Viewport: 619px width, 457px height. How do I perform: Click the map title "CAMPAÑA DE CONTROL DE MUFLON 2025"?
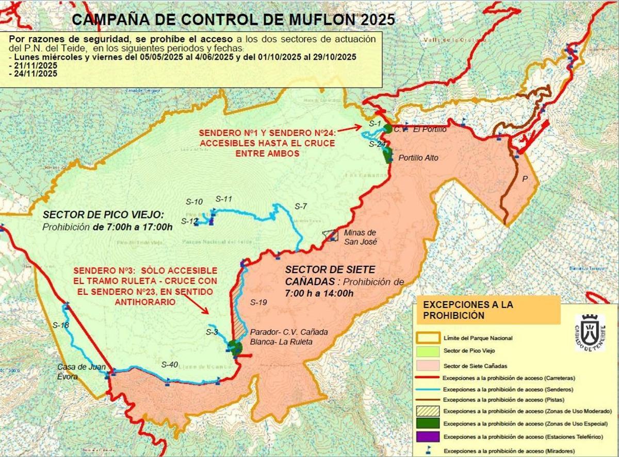point(233,20)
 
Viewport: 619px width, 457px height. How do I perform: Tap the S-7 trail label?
point(301,207)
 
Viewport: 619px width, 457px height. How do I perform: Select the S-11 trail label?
point(224,199)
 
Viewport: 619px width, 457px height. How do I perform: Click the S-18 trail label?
point(61,325)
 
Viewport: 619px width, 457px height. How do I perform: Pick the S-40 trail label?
point(169,365)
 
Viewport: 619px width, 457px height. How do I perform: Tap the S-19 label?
point(258,303)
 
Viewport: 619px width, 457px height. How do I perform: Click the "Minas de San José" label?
point(361,237)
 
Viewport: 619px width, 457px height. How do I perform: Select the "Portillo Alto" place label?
point(418,158)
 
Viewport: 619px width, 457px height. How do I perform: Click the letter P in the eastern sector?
point(525,179)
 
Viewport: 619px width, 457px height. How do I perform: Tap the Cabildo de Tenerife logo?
point(590,332)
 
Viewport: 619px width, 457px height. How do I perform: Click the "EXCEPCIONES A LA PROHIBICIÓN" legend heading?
point(488,310)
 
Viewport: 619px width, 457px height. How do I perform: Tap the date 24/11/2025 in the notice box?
point(32,74)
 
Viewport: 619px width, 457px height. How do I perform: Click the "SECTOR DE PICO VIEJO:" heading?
point(103,215)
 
